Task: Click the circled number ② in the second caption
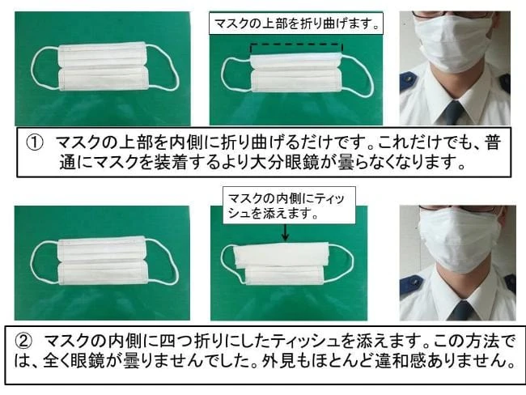pos(23,342)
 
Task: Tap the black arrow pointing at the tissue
pos(285,232)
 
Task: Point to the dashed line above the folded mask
pos(296,44)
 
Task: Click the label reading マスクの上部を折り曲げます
pos(296,23)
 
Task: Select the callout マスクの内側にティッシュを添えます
pos(289,206)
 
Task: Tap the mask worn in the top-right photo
pos(453,43)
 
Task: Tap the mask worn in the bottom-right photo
pos(459,238)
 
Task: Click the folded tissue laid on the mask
pos(282,254)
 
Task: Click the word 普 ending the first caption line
pos(493,143)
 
